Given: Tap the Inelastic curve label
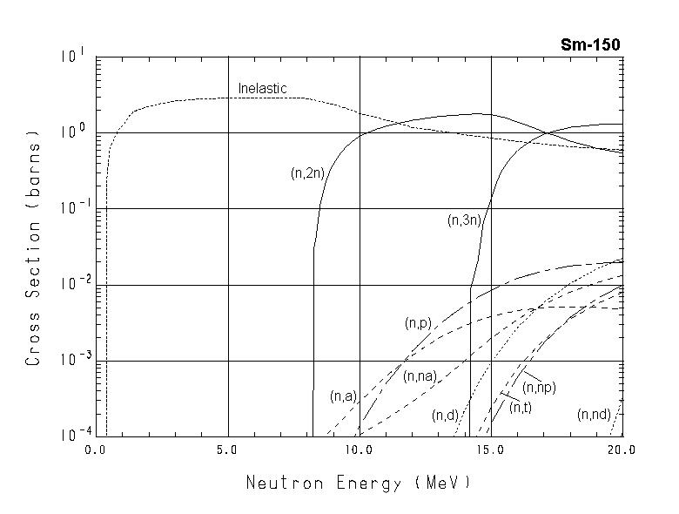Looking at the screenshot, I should [x=262, y=89].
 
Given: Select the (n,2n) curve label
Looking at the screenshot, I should [x=307, y=173].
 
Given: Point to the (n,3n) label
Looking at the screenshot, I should [x=464, y=221].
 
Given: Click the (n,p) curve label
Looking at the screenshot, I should [x=418, y=323].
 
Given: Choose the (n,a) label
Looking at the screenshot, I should [x=343, y=396].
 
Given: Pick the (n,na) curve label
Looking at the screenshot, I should [x=420, y=376].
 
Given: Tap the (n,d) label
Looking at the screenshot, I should [x=445, y=416].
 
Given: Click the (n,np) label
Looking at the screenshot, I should [x=539, y=387].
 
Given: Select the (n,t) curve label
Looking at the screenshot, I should [x=521, y=407].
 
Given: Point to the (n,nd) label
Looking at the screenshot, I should [x=594, y=415].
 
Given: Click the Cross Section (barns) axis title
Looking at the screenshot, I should [x=33, y=247].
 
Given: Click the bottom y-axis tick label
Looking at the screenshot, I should [x=71, y=432].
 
